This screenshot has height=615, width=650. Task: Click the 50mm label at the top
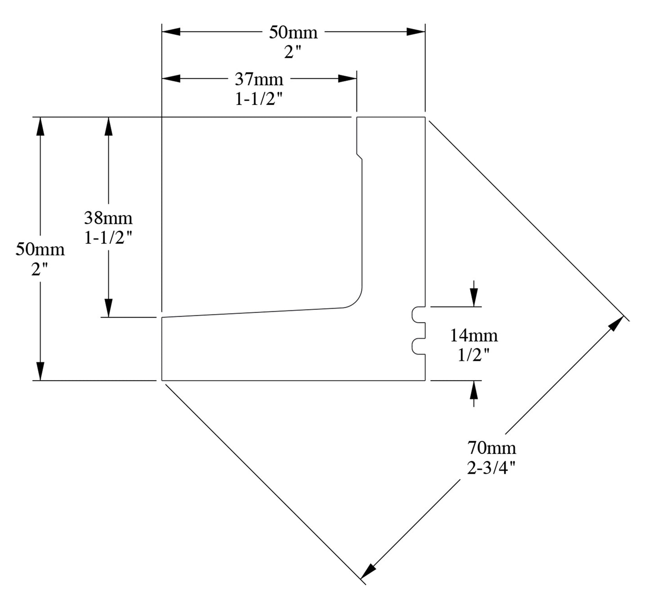click(293, 32)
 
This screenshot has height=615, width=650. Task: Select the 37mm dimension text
click(259, 80)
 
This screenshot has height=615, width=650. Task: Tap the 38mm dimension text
click(108, 218)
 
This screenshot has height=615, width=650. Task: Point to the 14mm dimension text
click(474, 336)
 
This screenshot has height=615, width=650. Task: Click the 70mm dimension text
click(492, 448)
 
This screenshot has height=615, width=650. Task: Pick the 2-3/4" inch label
click(491, 468)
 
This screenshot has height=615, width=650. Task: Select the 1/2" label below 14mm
click(473, 355)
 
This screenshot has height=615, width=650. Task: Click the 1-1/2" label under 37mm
click(259, 99)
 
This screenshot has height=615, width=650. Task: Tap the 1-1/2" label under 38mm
click(108, 238)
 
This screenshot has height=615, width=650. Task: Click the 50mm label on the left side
click(40, 249)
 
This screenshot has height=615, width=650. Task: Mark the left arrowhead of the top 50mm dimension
click(171, 31)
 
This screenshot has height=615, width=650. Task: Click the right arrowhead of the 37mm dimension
click(348, 78)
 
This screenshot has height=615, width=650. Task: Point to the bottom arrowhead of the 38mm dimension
click(108, 308)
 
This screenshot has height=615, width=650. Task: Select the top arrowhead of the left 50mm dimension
click(40, 126)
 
